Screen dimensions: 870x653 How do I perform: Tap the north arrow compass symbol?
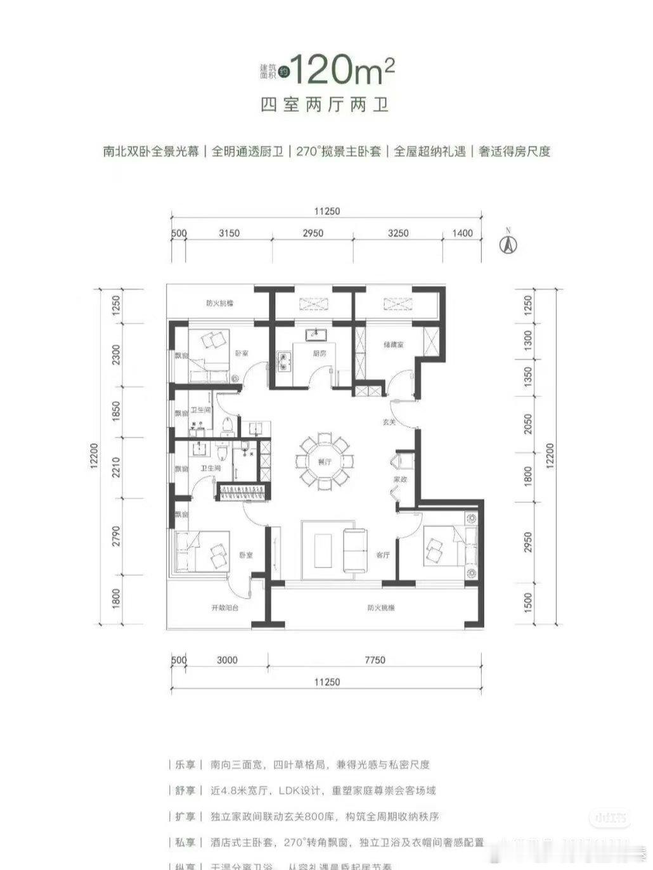[x=507, y=243]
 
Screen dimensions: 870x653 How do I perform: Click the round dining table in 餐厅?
[x=325, y=461]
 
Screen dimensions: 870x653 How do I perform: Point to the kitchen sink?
[x=315, y=334]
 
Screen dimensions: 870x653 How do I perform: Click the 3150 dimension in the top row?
[x=229, y=233]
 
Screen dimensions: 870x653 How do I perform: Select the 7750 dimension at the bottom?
[x=375, y=660]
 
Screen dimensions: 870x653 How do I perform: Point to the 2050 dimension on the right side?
[x=529, y=424]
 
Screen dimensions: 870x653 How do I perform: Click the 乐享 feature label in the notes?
[x=188, y=765]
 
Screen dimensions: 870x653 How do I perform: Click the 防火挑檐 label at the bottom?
[x=381, y=607]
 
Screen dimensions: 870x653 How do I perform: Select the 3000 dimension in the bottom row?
[x=226, y=660]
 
